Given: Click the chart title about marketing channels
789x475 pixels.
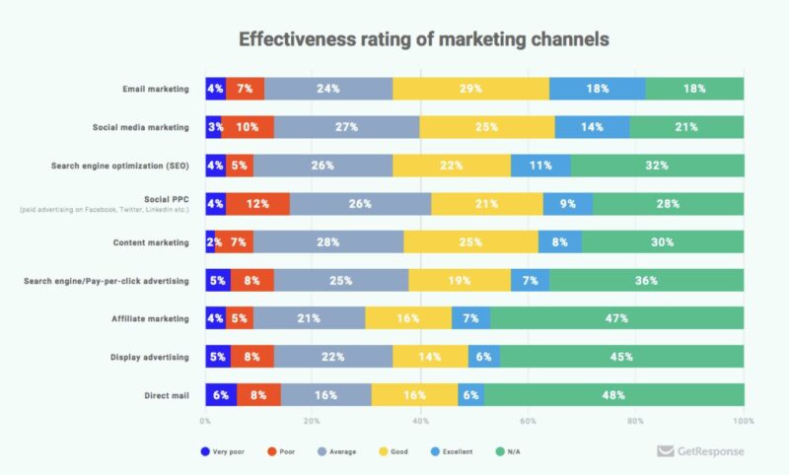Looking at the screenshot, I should [x=423, y=39].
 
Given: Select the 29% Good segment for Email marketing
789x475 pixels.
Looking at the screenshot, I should [x=470, y=89].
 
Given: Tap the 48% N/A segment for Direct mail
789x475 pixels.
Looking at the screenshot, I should [x=613, y=394].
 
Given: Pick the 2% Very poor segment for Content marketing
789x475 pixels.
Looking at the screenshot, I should [x=210, y=242].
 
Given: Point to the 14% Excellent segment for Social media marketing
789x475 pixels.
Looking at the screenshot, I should [x=592, y=127].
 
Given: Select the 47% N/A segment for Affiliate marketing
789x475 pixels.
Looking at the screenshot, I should [x=616, y=318].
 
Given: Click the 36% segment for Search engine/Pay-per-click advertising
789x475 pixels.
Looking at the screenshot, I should [x=645, y=281].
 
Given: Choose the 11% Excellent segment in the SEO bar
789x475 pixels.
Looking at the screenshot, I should [x=539, y=166].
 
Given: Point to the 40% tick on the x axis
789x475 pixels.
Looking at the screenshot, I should [x=421, y=422].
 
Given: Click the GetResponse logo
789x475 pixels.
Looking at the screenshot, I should [x=700, y=451].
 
